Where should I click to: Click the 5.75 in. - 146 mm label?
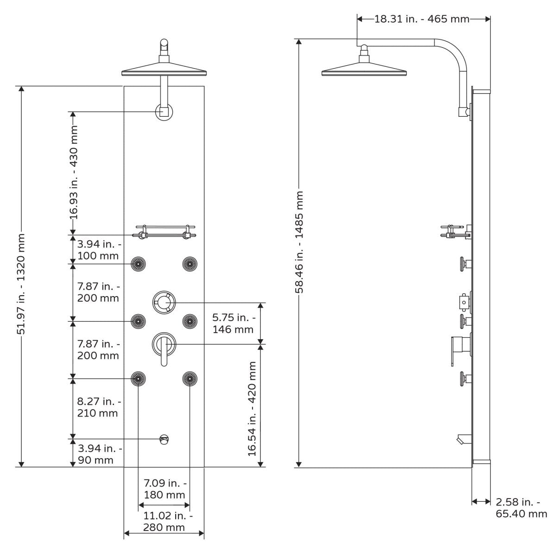pyautogui.click(x=233, y=323)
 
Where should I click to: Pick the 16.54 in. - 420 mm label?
pyautogui.click(x=252, y=408)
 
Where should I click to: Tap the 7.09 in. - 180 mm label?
pyautogui.click(x=164, y=489)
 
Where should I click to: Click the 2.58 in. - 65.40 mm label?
pyautogui.click(x=521, y=508)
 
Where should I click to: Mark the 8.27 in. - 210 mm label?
pyautogui.click(x=98, y=407)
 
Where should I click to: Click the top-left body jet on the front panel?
pyautogui.click(x=138, y=264)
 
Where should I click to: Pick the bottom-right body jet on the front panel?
pyautogui.click(x=190, y=379)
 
